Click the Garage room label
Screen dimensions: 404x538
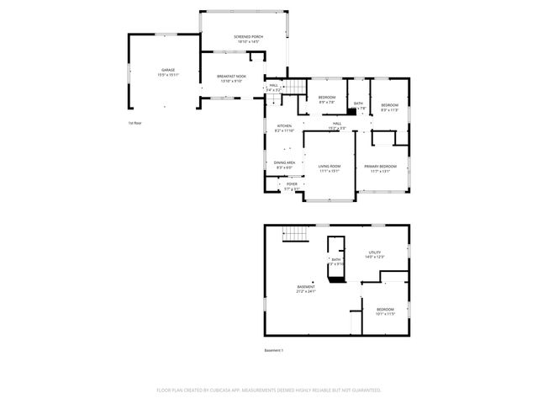(x=166, y=70)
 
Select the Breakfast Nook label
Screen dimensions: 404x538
(x=231, y=77)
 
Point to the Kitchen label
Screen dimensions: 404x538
(x=284, y=125)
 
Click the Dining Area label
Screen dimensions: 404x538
(x=284, y=162)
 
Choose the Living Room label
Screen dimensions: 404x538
(x=329, y=166)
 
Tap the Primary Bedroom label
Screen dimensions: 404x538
(x=380, y=166)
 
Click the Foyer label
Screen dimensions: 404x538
(x=292, y=183)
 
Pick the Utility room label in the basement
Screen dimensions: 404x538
(x=375, y=252)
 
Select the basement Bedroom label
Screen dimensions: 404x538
(x=385, y=309)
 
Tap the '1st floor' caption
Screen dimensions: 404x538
(x=134, y=123)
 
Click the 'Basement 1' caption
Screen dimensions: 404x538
(x=275, y=350)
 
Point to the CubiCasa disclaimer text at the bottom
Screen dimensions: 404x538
(x=269, y=391)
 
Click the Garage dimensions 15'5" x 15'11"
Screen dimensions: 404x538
(x=166, y=75)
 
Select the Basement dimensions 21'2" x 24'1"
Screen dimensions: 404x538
(x=305, y=292)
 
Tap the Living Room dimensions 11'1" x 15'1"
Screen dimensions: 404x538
(x=329, y=171)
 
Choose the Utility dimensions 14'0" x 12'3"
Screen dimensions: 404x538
(x=375, y=257)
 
